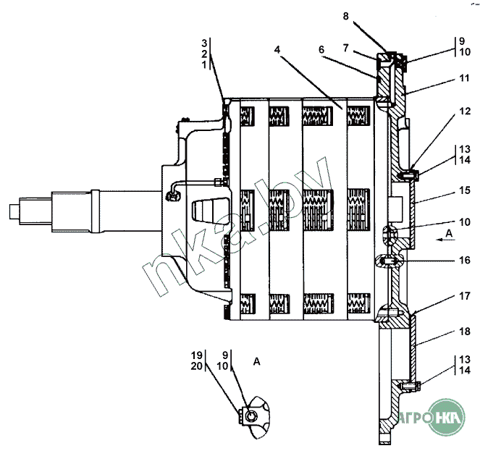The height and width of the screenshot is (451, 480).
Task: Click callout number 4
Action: point(277,49)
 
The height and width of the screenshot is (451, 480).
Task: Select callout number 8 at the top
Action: point(345,16)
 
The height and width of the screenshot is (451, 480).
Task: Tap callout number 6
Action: point(321,49)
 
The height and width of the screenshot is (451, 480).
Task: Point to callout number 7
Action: point(345,48)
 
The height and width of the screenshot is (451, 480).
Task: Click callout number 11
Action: point(464,78)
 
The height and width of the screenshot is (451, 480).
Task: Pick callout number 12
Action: point(465,111)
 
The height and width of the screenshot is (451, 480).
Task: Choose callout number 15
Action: point(464,190)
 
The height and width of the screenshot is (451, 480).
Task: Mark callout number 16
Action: point(464,260)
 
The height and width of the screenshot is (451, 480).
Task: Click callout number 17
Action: point(464,296)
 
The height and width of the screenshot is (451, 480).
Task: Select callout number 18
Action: point(464,331)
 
